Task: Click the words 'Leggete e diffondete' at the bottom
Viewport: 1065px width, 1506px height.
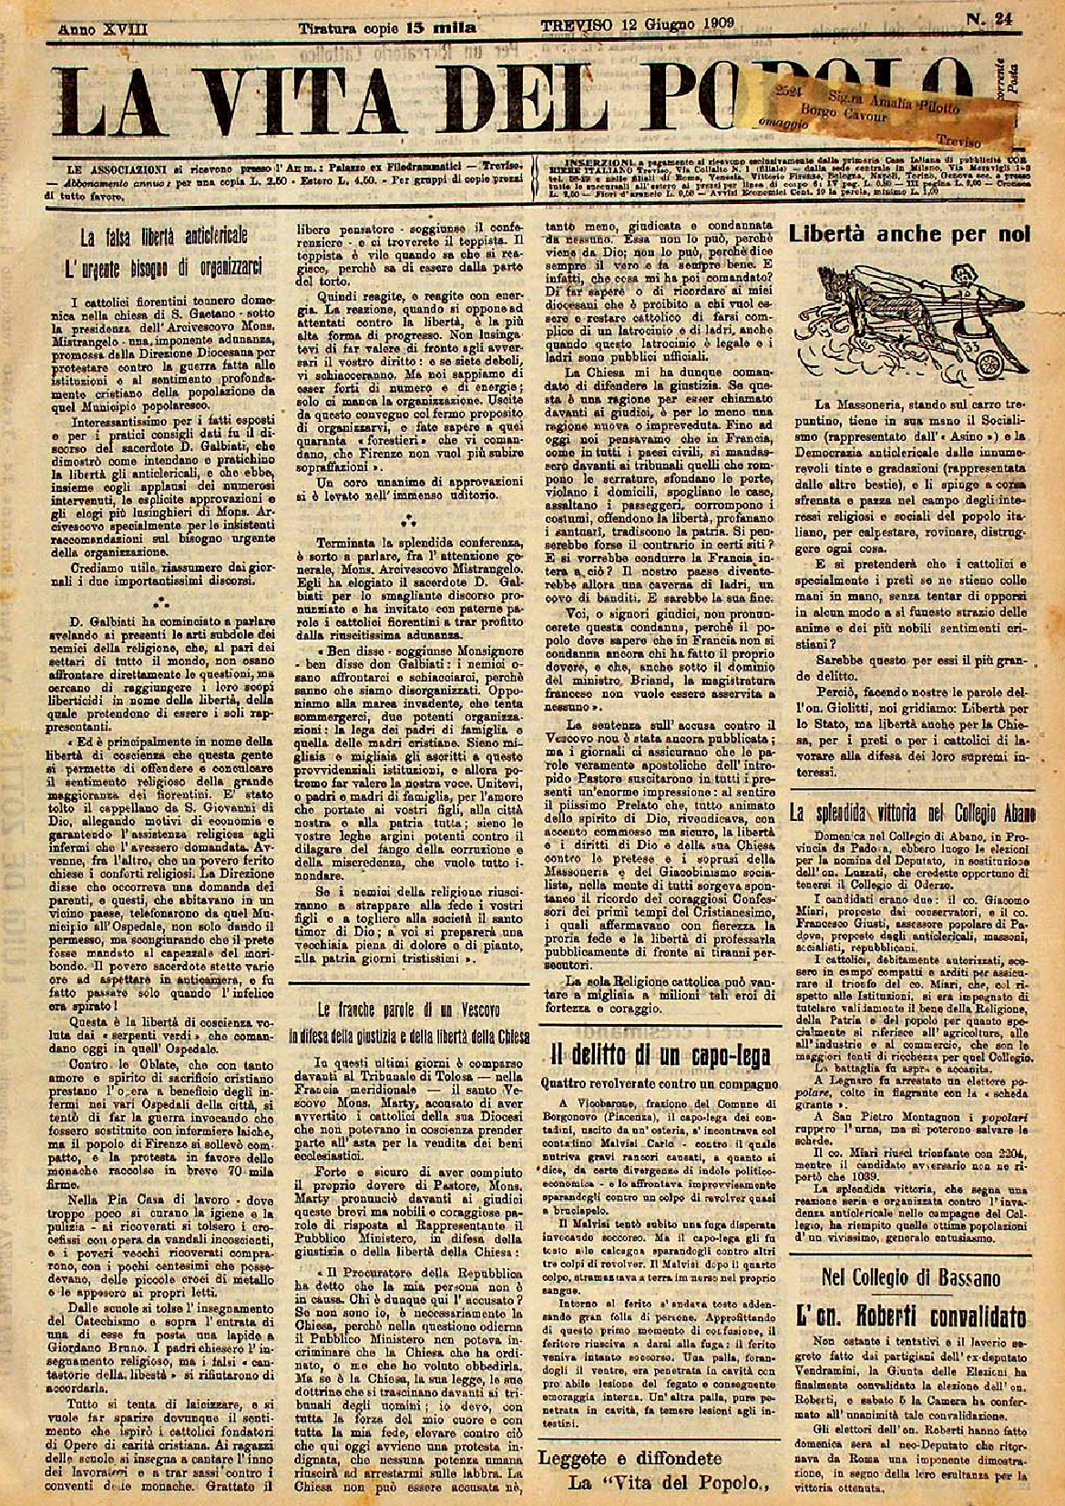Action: [x=630, y=1458]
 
